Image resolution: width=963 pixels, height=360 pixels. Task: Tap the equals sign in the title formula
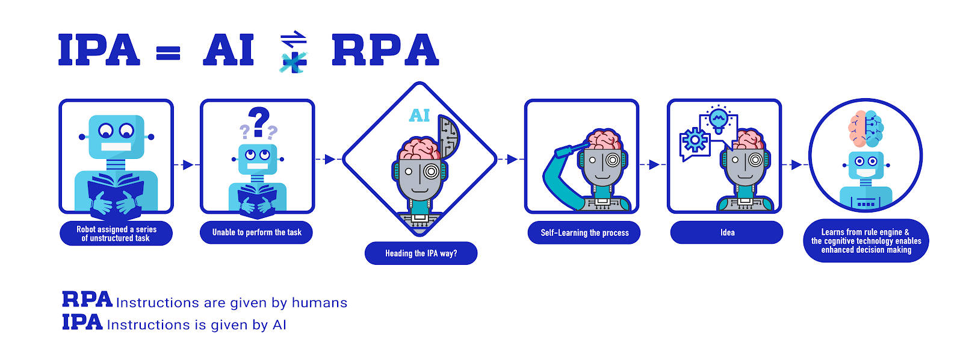[x=168, y=53]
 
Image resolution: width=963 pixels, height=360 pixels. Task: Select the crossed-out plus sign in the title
[x=294, y=61]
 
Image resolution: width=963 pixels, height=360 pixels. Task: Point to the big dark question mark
[x=259, y=122]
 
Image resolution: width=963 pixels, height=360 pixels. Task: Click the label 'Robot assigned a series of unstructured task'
[x=116, y=234]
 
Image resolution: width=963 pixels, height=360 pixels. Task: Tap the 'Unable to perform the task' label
[x=256, y=232]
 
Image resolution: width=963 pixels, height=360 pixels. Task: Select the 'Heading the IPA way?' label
[x=421, y=253]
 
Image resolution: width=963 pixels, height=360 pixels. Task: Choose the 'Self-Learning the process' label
[x=584, y=233]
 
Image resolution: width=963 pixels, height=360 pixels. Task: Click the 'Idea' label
[x=727, y=232]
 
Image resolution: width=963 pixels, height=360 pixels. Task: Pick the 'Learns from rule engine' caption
[x=866, y=241]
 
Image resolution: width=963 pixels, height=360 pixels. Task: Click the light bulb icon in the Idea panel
[x=718, y=119]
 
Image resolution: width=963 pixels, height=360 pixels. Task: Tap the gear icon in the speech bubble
[x=695, y=141]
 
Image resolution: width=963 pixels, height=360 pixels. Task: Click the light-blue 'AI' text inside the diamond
[x=420, y=115]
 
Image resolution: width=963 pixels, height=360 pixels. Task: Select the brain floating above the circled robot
[x=866, y=128]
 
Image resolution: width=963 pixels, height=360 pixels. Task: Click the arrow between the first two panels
[x=188, y=164]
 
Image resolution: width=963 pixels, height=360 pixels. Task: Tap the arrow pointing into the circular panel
[x=796, y=164]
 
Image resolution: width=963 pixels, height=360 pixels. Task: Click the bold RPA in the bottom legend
[x=87, y=299]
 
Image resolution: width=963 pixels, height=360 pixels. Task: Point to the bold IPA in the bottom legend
[x=82, y=322]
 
